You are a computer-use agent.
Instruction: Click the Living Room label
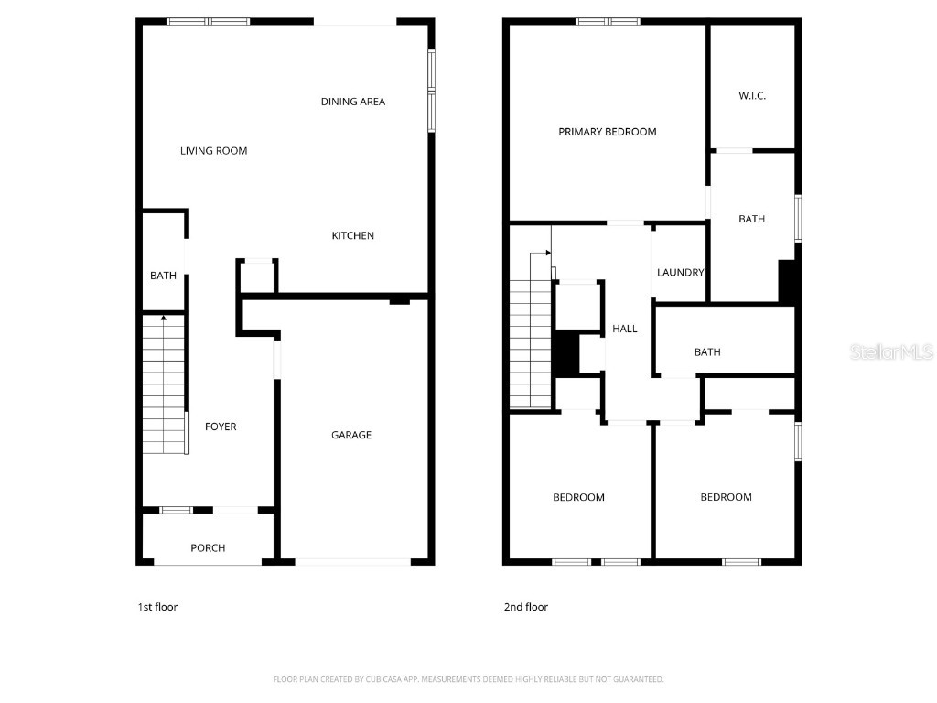[213, 151]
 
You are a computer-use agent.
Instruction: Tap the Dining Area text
[352, 102]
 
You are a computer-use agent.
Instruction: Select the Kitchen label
[352, 236]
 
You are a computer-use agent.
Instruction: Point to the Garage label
[351, 436]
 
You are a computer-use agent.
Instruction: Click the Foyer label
[221, 427]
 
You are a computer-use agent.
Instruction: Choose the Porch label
[208, 548]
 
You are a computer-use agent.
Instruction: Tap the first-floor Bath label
[163, 276]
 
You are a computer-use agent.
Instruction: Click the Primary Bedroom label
[608, 132]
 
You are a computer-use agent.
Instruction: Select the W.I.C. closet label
[752, 96]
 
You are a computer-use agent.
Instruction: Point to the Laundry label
[681, 273]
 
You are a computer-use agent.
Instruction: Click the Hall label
[625, 329]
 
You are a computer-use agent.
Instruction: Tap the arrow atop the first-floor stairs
[164, 319]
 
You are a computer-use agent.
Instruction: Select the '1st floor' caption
[157, 607]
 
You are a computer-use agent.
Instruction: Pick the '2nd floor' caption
[526, 607]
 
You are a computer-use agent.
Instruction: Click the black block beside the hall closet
[567, 353]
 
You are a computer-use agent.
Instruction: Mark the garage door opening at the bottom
[353, 561]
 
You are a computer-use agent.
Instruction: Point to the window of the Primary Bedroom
[608, 21]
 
